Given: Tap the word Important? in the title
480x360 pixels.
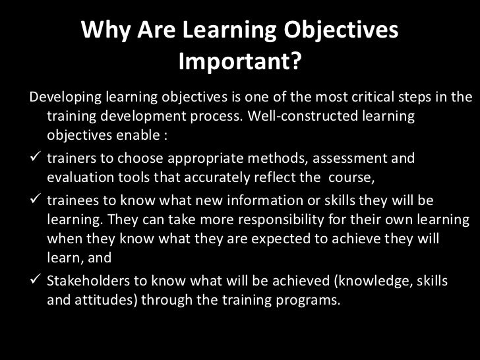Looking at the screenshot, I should (x=240, y=63).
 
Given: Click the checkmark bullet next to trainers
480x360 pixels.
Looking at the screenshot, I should (x=37, y=159).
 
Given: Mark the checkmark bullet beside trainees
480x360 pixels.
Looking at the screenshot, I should (x=37, y=200).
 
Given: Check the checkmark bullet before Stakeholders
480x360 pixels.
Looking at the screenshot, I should (x=37, y=281).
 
